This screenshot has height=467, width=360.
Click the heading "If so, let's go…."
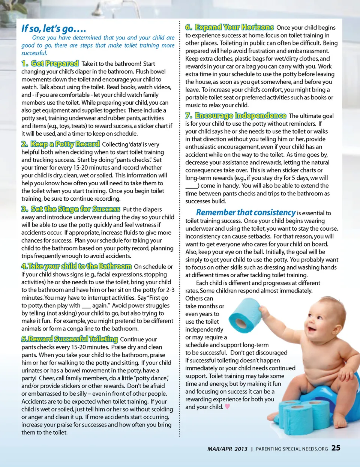click(54, 29)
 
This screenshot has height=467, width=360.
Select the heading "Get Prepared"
click(55, 63)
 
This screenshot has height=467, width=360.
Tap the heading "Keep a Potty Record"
click(65, 144)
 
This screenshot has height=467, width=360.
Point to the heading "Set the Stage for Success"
click(75, 209)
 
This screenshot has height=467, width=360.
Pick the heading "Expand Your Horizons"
click(234, 27)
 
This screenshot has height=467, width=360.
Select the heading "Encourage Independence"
click(240, 116)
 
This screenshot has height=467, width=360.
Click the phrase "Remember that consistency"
click(246, 213)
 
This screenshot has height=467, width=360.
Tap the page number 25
click(336, 448)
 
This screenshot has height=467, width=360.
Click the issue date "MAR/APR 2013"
click(227, 449)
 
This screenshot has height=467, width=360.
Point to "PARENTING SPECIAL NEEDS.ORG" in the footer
click(292, 449)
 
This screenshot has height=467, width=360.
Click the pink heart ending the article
click(227, 407)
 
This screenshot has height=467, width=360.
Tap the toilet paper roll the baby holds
click(245, 315)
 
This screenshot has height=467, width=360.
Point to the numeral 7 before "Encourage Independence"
click(189, 116)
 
